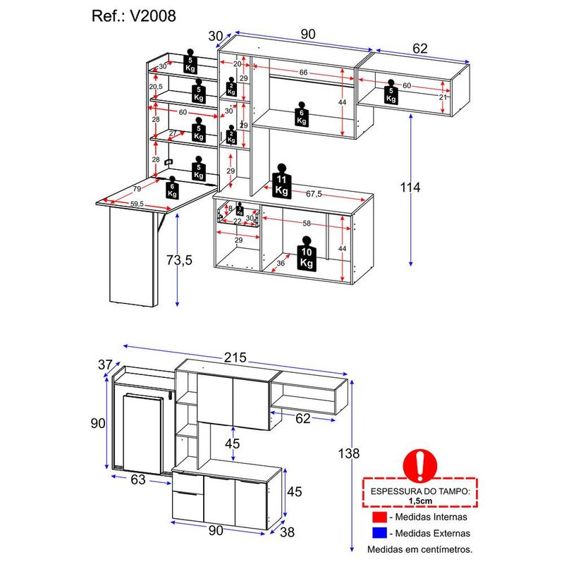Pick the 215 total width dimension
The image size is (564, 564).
click(x=235, y=357)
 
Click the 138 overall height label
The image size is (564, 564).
click(x=349, y=453)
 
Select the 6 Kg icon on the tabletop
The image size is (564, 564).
click(x=172, y=189)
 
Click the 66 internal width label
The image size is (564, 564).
click(x=303, y=73)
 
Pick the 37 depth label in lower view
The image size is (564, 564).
click(x=105, y=364)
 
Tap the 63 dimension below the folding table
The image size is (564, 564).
click(x=137, y=481)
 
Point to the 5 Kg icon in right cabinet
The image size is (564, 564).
click(x=391, y=92)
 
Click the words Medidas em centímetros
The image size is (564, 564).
click(x=419, y=548)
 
